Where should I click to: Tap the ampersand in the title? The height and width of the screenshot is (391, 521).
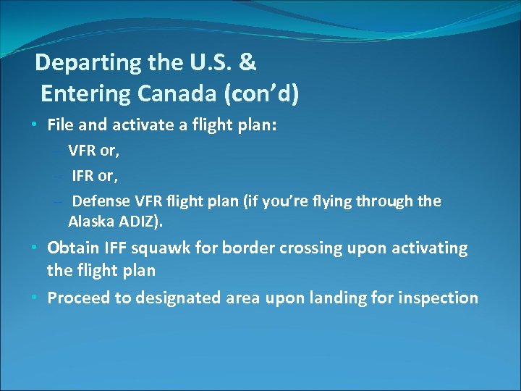click(247, 63)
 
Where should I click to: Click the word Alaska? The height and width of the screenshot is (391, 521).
click(91, 221)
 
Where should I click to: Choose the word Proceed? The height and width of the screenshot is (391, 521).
click(76, 298)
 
